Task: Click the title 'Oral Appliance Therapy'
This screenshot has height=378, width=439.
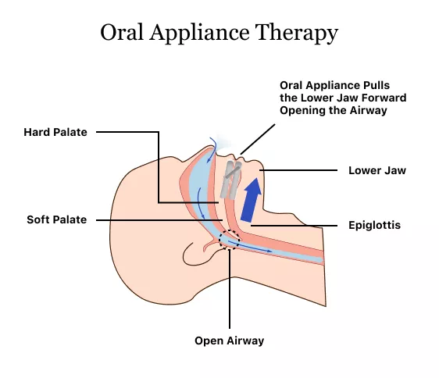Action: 219,33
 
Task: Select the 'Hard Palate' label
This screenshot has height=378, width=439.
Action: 57,132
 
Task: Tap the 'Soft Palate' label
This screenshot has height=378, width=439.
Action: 57,219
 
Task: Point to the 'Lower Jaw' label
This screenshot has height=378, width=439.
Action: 377,169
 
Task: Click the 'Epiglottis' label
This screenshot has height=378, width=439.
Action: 376,225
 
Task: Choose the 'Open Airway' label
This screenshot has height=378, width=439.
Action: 230,341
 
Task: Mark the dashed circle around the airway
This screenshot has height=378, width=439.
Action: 230,239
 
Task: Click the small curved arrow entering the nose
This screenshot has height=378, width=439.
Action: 209,141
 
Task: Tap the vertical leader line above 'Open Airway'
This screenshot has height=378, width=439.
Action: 230,289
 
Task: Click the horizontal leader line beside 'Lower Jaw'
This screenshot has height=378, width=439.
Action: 301,169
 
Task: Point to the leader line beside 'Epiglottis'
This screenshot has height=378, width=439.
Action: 293,225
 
